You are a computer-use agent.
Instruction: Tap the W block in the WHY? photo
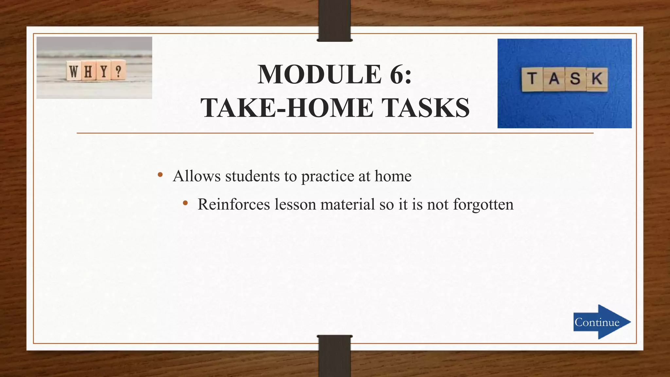[x=74, y=71]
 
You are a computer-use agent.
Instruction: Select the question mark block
[x=118, y=70]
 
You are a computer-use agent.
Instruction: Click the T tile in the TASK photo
[x=532, y=79]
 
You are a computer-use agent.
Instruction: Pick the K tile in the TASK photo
[x=597, y=79]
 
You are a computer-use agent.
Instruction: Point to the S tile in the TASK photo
[x=575, y=79]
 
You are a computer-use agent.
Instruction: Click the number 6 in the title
[x=396, y=75]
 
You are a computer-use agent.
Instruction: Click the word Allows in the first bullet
[x=197, y=176]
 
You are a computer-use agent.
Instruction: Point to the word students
[x=252, y=176]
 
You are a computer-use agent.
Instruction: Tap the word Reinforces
[x=234, y=205]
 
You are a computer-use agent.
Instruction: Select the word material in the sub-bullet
[x=347, y=205]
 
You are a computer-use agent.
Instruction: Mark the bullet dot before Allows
[x=160, y=175]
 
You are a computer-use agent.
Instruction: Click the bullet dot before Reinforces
[x=185, y=203]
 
